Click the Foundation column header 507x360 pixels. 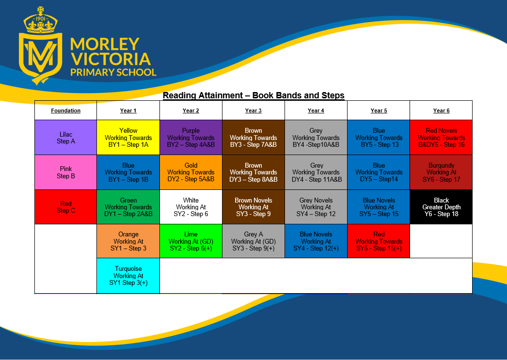pyautogui.click(x=65, y=110)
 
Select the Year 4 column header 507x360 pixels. pyautogui.click(x=316, y=110)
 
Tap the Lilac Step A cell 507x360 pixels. pyautogui.click(x=65, y=137)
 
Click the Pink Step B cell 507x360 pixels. pyautogui.click(x=65, y=172)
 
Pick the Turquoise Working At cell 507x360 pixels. pyautogui.click(x=128, y=276)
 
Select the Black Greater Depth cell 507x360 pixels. pyautogui.click(x=442, y=207)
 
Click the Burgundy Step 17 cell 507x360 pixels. pyautogui.click(x=442, y=172)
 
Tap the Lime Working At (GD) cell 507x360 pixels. pyautogui.click(x=191, y=241)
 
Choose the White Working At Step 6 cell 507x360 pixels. pyautogui.click(x=191, y=207)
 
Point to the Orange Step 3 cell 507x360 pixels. pyautogui.click(x=128, y=241)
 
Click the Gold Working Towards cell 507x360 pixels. pyautogui.click(x=191, y=172)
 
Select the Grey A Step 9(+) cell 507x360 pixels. pyautogui.click(x=253, y=241)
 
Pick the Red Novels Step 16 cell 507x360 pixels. pyautogui.click(x=442, y=137)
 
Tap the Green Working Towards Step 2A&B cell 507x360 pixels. pyautogui.click(x=128, y=207)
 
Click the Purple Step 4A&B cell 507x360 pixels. pyautogui.click(x=191, y=137)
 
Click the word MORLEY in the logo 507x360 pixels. pyautogui.click(x=105, y=44)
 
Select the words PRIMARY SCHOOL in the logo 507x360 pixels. pyautogui.click(x=113, y=72)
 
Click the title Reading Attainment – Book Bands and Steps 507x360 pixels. pyautogui.click(x=253, y=95)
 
